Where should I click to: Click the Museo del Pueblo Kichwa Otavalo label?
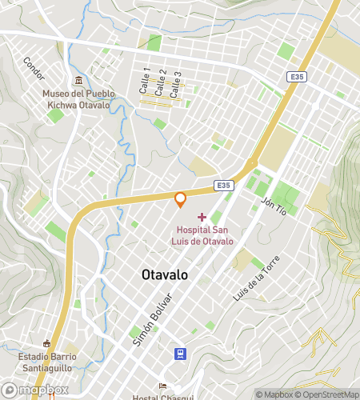click(x=78, y=99)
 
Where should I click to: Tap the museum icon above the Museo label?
click(x=78, y=81)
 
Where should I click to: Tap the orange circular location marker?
click(x=181, y=198)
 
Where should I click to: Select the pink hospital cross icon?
click(x=202, y=217)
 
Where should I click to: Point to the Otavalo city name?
click(x=165, y=274)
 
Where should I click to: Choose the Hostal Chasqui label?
click(x=162, y=396)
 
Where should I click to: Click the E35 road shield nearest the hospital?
click(x=224, y=185)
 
